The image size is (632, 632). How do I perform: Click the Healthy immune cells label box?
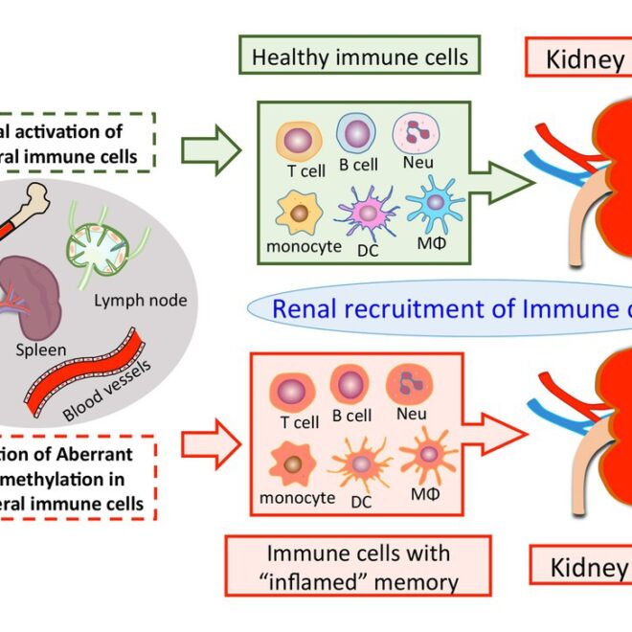click(360, 57)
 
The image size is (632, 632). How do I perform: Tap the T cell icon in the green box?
click(298, 140)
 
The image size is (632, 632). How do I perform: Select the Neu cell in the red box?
click(407, 384)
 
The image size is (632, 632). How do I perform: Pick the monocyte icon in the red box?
click(296, 463)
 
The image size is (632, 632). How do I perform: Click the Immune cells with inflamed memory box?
click(358, 566)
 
